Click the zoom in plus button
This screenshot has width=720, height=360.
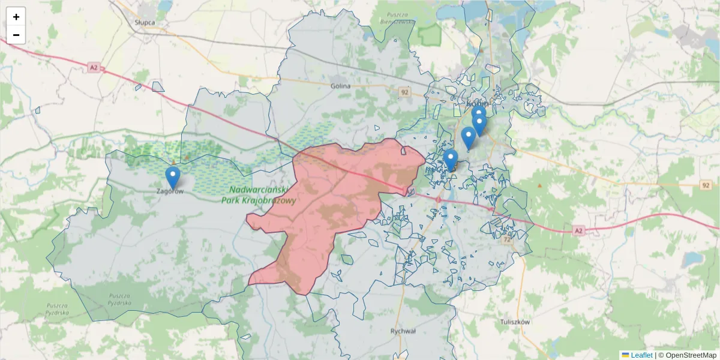(16, 17)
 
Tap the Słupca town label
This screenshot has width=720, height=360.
(145, 22)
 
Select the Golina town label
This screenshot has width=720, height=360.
(340, 86)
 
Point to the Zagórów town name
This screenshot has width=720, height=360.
(169, 191)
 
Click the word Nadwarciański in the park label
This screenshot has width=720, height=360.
(260, 190)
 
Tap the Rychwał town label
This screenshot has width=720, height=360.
(403, 331)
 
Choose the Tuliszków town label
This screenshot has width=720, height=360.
(515, 322)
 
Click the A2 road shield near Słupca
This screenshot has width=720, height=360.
(93, 68)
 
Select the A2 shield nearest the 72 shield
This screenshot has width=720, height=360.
(578, 230)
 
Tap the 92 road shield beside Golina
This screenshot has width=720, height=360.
(405, 92)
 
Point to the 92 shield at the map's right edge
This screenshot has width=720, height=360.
(705, 186)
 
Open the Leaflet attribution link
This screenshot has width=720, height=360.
(641, 355)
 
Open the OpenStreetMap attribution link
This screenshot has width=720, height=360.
(691, 355)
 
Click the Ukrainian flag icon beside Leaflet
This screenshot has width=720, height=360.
(625, 355)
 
